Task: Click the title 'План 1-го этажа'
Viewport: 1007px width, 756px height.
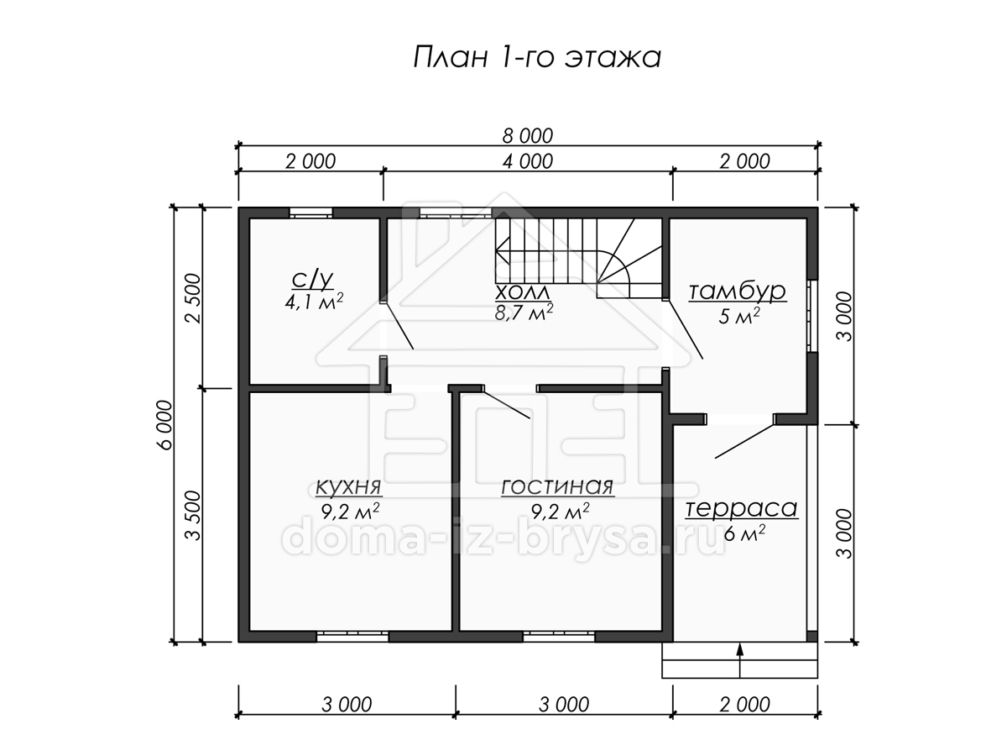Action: click(x=537, y=58)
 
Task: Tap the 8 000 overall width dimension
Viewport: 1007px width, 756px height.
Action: click(x=528, y=136)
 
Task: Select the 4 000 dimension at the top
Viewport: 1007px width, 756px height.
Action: click(x=528, y=161)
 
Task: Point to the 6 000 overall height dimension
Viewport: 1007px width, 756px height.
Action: click(x=164, y=424)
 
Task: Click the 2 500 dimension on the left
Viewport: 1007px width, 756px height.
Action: click(x=193, y=298)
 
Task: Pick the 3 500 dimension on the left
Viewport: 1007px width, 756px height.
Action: click(x=193, y=516)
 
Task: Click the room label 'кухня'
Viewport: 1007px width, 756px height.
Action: click(x=348, y=487)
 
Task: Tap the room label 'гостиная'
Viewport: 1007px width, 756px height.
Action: click(x=557, y=487)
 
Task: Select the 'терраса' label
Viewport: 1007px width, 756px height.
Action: click(x=741, y=509)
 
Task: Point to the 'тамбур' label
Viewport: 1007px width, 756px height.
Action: click(x=738, y=291)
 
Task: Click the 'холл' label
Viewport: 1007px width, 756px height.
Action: click(x=523, y=292)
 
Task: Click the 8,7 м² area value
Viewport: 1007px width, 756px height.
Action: click(x=524, y=312)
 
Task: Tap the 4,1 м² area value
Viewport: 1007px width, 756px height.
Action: click(x=314, y=302)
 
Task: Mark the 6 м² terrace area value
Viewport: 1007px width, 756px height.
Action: click(x=744, y=533)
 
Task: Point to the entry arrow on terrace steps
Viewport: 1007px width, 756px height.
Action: click(x=739, y=661)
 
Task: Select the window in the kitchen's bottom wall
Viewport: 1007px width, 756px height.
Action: click(x=352, y=636)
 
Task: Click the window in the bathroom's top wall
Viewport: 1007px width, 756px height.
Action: click(x=310, y=213)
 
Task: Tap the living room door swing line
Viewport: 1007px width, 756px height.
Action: click(x=507, y=404)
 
